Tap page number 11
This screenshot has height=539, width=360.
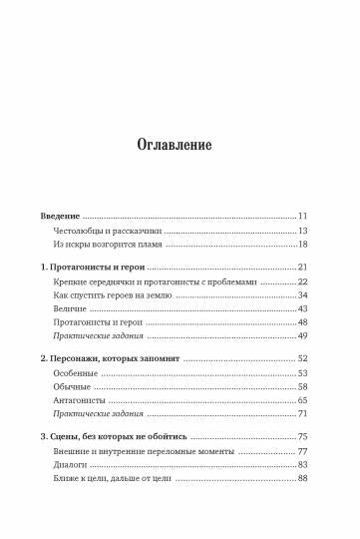[x=303, y=217]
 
